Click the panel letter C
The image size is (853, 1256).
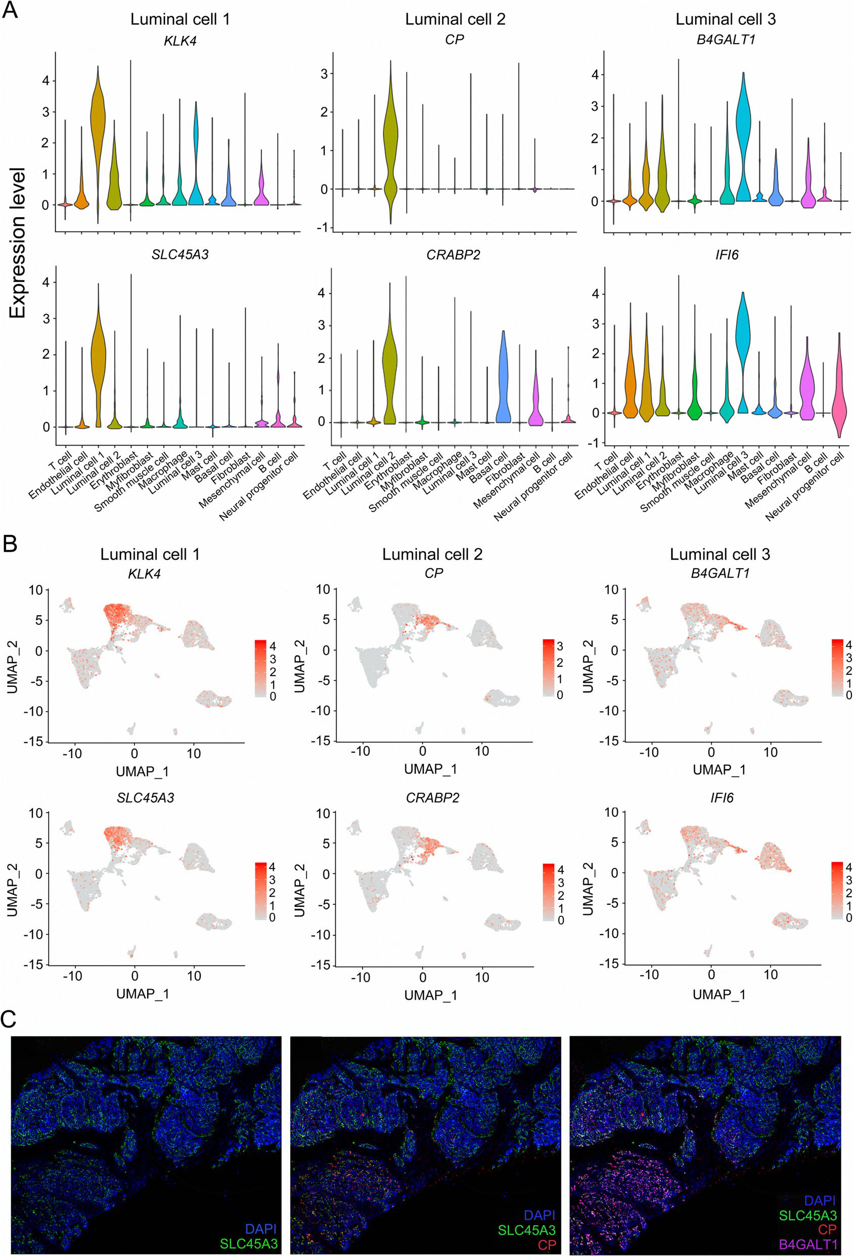click(x=10, y=1019)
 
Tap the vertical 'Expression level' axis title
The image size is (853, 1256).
click(x=17, y=243)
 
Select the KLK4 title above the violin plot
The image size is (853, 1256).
click(x=180, y=40)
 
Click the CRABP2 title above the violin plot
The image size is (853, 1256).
click(x=453, y=255)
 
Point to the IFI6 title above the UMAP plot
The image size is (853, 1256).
click(x=722, y=798)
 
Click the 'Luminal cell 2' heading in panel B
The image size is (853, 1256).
click(x=432, y=554)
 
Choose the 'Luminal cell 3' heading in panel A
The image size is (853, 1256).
click(x=726, y=19)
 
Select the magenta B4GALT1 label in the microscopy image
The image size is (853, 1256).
click(x=808, y=1244)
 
